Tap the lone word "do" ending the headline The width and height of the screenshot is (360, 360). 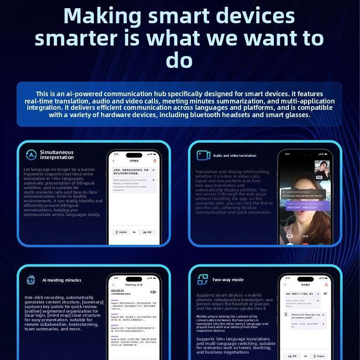[179, 60]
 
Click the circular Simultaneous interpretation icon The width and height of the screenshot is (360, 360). [31, 155]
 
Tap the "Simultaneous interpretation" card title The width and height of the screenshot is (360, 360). [57, 155]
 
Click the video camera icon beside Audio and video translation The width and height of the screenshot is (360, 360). [203, 155]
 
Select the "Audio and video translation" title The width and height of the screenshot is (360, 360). [234, 156]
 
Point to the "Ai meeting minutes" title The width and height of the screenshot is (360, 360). [62, 280]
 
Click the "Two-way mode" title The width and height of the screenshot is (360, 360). [227, 280]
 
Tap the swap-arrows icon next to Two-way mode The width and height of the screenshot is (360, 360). [202, 280]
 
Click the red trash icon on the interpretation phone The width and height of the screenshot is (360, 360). [154, 161]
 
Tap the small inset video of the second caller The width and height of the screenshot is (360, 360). [322, 170]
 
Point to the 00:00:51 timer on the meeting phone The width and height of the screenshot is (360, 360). [117, 291]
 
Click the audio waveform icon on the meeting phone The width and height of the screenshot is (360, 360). [153, 292]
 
